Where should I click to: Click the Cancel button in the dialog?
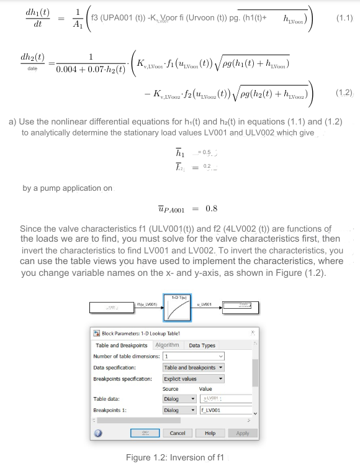coord(178,432)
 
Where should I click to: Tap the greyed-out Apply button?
coord(243,432)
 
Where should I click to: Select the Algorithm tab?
coord(167,345)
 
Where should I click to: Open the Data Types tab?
coord(202,345)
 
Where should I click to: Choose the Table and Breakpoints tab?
coord(121,345)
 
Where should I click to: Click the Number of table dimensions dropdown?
coord(193,357)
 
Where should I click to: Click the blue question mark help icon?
coord(97,433)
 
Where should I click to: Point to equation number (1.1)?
coord(344,19)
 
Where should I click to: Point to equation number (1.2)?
coord(344,93)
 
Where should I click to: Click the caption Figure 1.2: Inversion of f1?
coord(174,457)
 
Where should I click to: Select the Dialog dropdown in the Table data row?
coord(179,400)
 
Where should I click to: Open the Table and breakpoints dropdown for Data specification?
coord(193,367)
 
